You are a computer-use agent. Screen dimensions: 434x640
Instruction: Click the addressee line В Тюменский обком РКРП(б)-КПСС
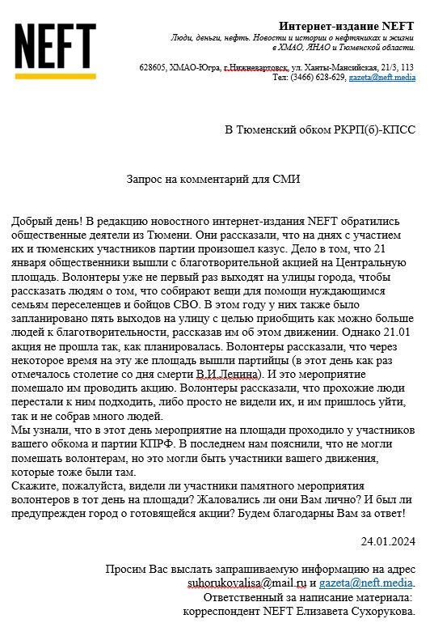click(320, 129)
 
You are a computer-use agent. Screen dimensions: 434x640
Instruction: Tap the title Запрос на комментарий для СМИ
click(213, 180)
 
